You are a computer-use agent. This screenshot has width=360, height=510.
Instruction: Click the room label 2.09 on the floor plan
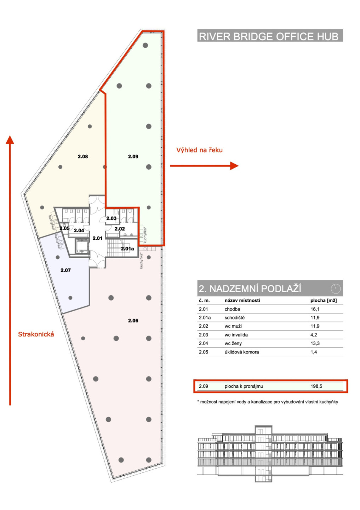coord(133,157)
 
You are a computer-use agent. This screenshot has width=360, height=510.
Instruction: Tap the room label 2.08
coord(82,157)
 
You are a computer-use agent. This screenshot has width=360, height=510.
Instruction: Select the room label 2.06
coord(133,321)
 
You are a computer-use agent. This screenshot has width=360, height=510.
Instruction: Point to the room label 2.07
coord(65,270)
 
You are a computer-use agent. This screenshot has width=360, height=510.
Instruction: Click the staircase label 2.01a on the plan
coord(127,249)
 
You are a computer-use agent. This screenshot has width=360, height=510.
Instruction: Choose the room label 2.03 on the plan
coord(111,218)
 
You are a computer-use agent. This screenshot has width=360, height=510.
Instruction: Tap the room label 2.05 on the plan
coord(65,228)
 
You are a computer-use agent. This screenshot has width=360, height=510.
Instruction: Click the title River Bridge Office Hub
coord(269,36)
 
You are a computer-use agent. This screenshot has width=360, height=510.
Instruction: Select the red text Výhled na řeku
coord(199,150)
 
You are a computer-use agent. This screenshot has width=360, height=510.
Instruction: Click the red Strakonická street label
coord(36,334)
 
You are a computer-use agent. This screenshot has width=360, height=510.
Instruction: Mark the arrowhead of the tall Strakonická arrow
coord(10,140)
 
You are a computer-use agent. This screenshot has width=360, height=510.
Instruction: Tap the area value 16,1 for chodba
coord(315,309)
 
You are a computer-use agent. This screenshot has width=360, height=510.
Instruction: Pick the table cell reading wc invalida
coord(236,335)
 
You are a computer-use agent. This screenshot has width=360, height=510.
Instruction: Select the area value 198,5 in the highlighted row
coord(316,386)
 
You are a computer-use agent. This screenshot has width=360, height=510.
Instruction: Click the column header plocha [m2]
coord(324,300)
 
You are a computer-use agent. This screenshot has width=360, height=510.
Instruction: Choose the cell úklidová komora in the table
coord(242,352)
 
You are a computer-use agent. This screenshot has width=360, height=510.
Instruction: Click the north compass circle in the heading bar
coord(336,289)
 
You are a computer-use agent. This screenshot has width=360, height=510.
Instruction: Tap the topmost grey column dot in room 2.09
coord(145,45)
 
